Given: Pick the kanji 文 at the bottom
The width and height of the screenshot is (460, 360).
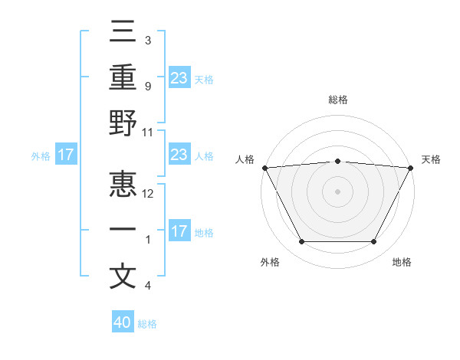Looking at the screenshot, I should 123,277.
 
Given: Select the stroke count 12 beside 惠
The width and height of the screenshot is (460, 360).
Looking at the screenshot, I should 148,194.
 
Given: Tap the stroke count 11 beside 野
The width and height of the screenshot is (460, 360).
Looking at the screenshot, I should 148,132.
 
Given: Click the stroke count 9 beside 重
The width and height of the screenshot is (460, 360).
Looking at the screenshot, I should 147,86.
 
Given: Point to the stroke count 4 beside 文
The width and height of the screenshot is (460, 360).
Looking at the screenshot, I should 147,286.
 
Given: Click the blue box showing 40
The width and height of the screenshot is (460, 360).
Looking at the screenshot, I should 123,322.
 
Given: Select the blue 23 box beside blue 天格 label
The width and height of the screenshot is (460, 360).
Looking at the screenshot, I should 179,77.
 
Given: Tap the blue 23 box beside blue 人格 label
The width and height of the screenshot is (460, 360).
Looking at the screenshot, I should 179,155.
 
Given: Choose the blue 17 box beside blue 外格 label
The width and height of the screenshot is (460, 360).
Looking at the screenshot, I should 66,155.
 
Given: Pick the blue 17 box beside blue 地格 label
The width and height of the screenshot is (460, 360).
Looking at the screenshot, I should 179,231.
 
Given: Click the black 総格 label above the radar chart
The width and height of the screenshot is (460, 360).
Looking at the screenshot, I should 337,100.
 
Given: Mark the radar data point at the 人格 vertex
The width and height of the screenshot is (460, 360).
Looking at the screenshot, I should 264,167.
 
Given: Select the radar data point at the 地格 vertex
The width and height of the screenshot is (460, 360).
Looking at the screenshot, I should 374,242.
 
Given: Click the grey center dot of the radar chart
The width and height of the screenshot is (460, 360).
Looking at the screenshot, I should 337,191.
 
